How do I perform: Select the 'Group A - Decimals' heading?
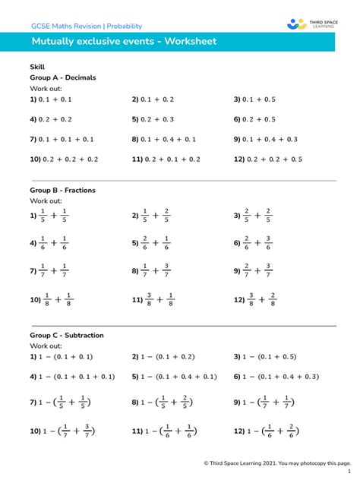(x=62, y=77)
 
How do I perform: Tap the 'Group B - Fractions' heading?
(x=62, y=190)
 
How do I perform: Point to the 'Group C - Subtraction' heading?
(x=67, y=335)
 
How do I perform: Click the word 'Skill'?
(x=37, y=67)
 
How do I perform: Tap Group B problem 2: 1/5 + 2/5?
(x=151, y=216)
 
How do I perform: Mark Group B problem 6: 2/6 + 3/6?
(x=253, y=243)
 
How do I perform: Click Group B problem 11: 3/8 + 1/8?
(x=153, y=299)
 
